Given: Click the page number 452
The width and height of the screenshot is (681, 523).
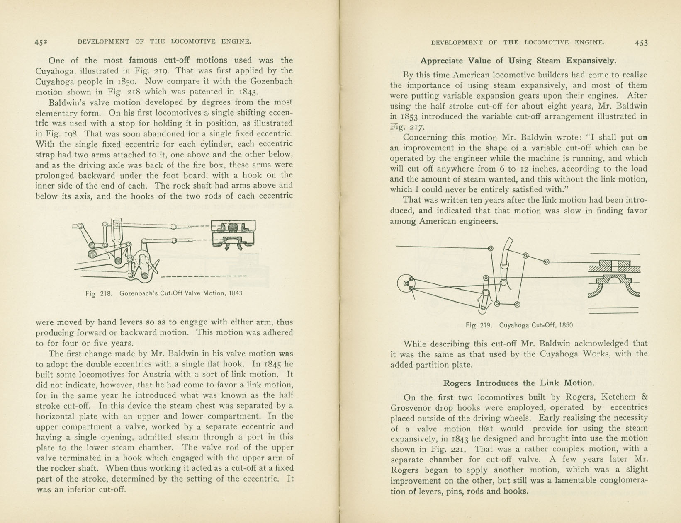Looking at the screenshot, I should (x=41, y=42).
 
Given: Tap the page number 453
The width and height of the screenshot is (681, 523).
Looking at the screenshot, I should (x=641, y=43).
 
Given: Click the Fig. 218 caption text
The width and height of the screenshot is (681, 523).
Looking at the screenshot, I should (x=164, y=293).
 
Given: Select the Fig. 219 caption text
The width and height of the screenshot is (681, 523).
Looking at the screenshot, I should (x=519, y=325).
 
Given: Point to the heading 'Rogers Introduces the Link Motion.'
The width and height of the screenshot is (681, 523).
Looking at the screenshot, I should (x=519, y=383).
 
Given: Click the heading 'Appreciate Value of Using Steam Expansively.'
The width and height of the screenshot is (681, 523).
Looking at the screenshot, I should (x=518, y=61).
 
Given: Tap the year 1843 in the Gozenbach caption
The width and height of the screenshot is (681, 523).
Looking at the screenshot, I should (x=235, y=293).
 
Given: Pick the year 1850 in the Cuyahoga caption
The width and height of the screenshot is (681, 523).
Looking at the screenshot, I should (x=566, y=325).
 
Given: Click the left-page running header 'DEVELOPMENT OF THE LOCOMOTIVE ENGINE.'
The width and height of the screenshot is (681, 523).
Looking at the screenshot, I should (x=164, y=41).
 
